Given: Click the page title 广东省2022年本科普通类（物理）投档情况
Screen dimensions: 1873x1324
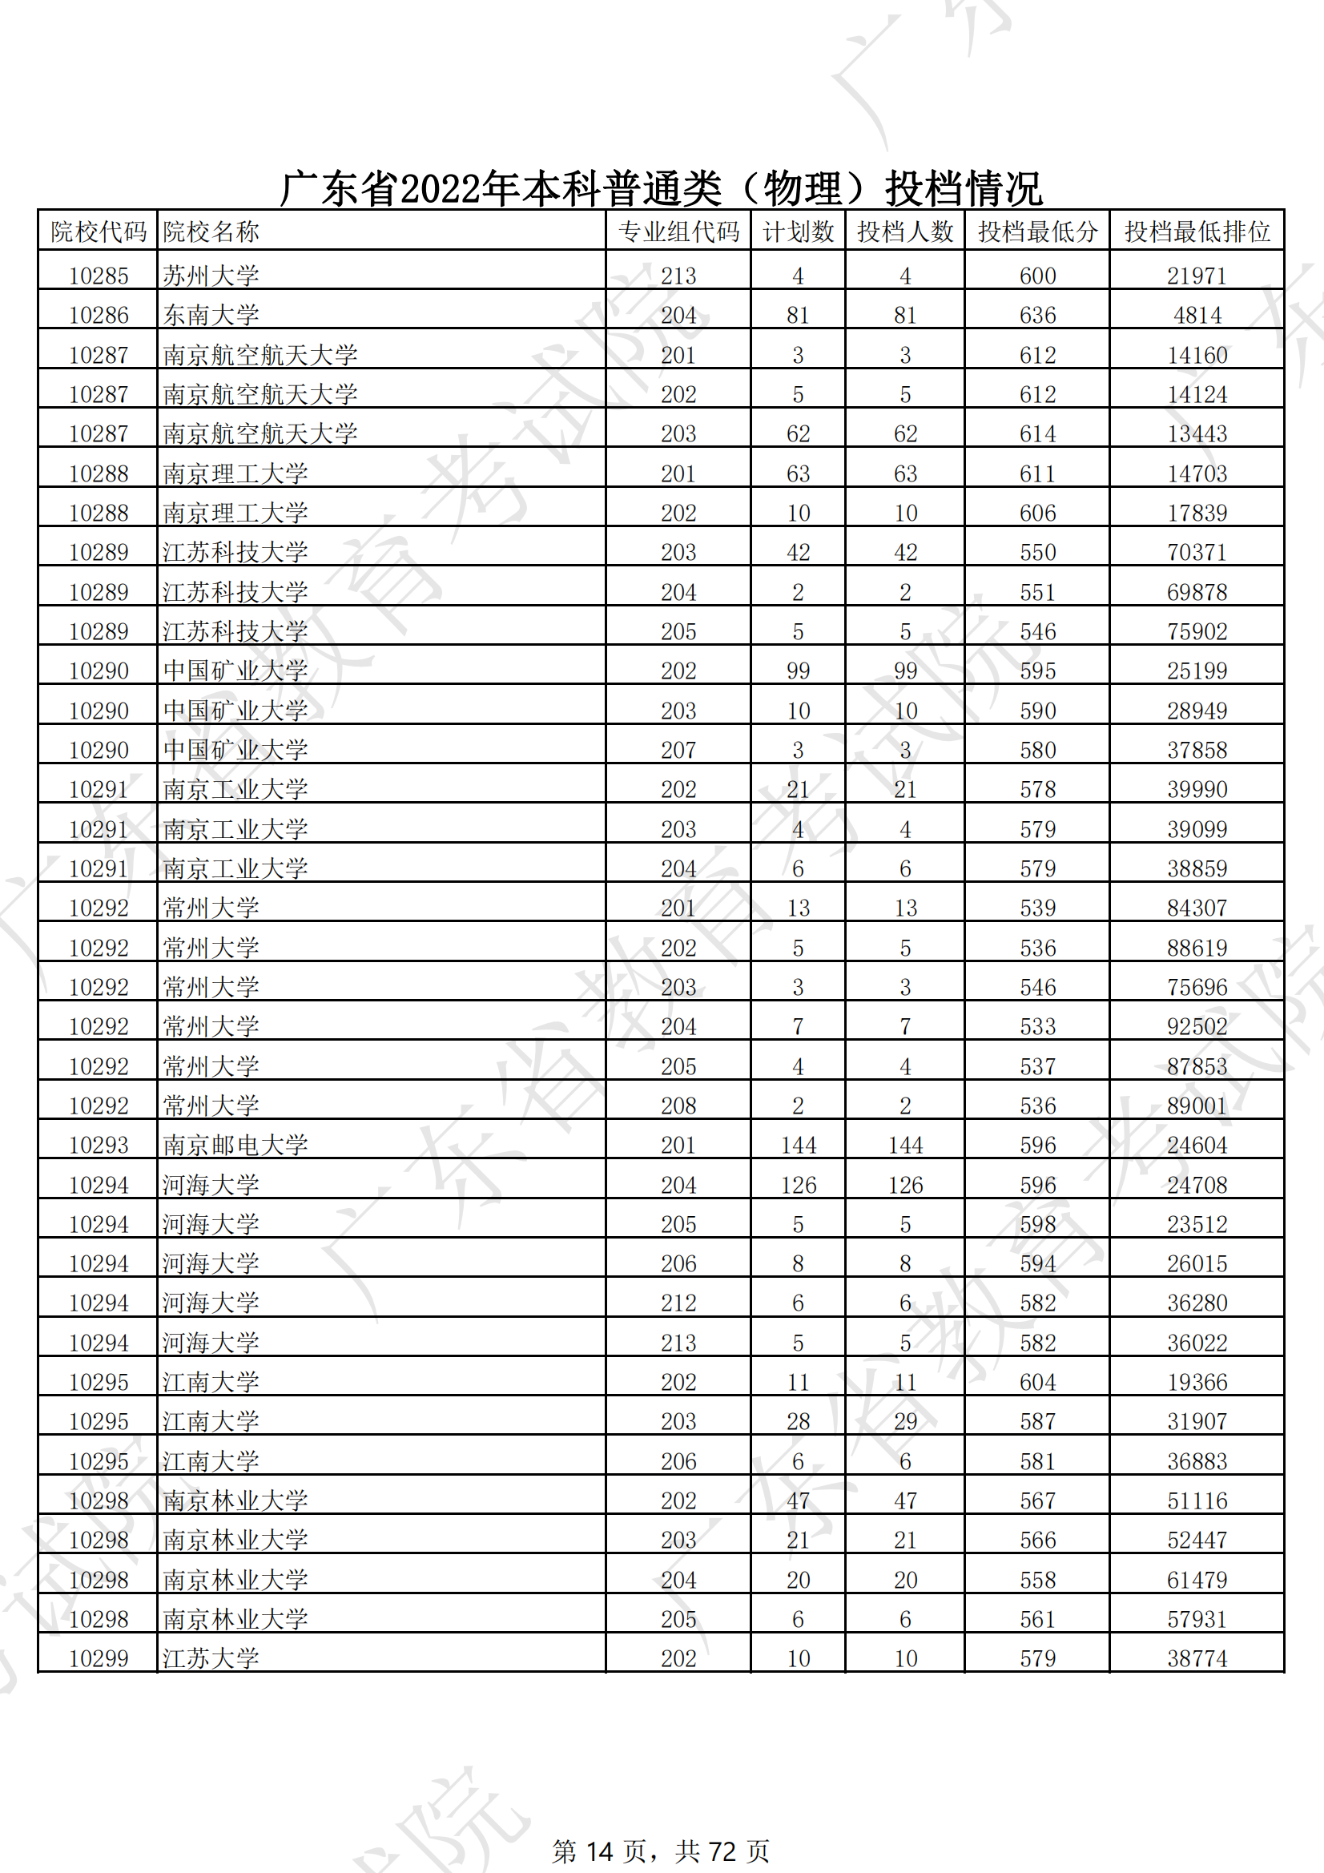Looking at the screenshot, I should tap(661, 188).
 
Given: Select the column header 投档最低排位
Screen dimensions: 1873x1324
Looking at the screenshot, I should tap(1197, 232).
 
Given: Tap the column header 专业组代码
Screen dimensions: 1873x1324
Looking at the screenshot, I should tap(678, 232).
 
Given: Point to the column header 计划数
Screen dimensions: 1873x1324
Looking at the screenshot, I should tap(798, 232).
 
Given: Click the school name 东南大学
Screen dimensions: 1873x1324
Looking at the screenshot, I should tap(211, 315).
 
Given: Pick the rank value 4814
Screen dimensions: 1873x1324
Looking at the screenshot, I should tap(1197, 315).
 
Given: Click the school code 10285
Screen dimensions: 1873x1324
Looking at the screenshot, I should tap(99, 276).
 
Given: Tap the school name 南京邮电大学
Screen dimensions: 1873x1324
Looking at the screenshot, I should tap(235, 1145).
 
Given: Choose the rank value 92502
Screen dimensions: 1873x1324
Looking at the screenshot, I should tap(1197, 1026).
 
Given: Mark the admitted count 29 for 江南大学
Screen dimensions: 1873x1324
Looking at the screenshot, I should tap(904, 1421).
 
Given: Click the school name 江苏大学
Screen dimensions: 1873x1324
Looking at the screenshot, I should tap(211, 1658).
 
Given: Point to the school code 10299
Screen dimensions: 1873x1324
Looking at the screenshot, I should tap(99, 1658).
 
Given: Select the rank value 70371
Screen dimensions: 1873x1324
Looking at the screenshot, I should tap(1197, 552).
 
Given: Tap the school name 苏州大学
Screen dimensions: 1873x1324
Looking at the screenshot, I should tap(211, 276).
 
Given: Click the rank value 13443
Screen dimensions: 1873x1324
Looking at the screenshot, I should tap(1197, 433).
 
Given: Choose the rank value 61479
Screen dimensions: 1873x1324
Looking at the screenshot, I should tap(1197, 1579).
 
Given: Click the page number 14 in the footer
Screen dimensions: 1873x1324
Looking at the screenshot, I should tap(600, 1851).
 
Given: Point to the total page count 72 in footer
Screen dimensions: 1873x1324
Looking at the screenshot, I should tap(722, 1851).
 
